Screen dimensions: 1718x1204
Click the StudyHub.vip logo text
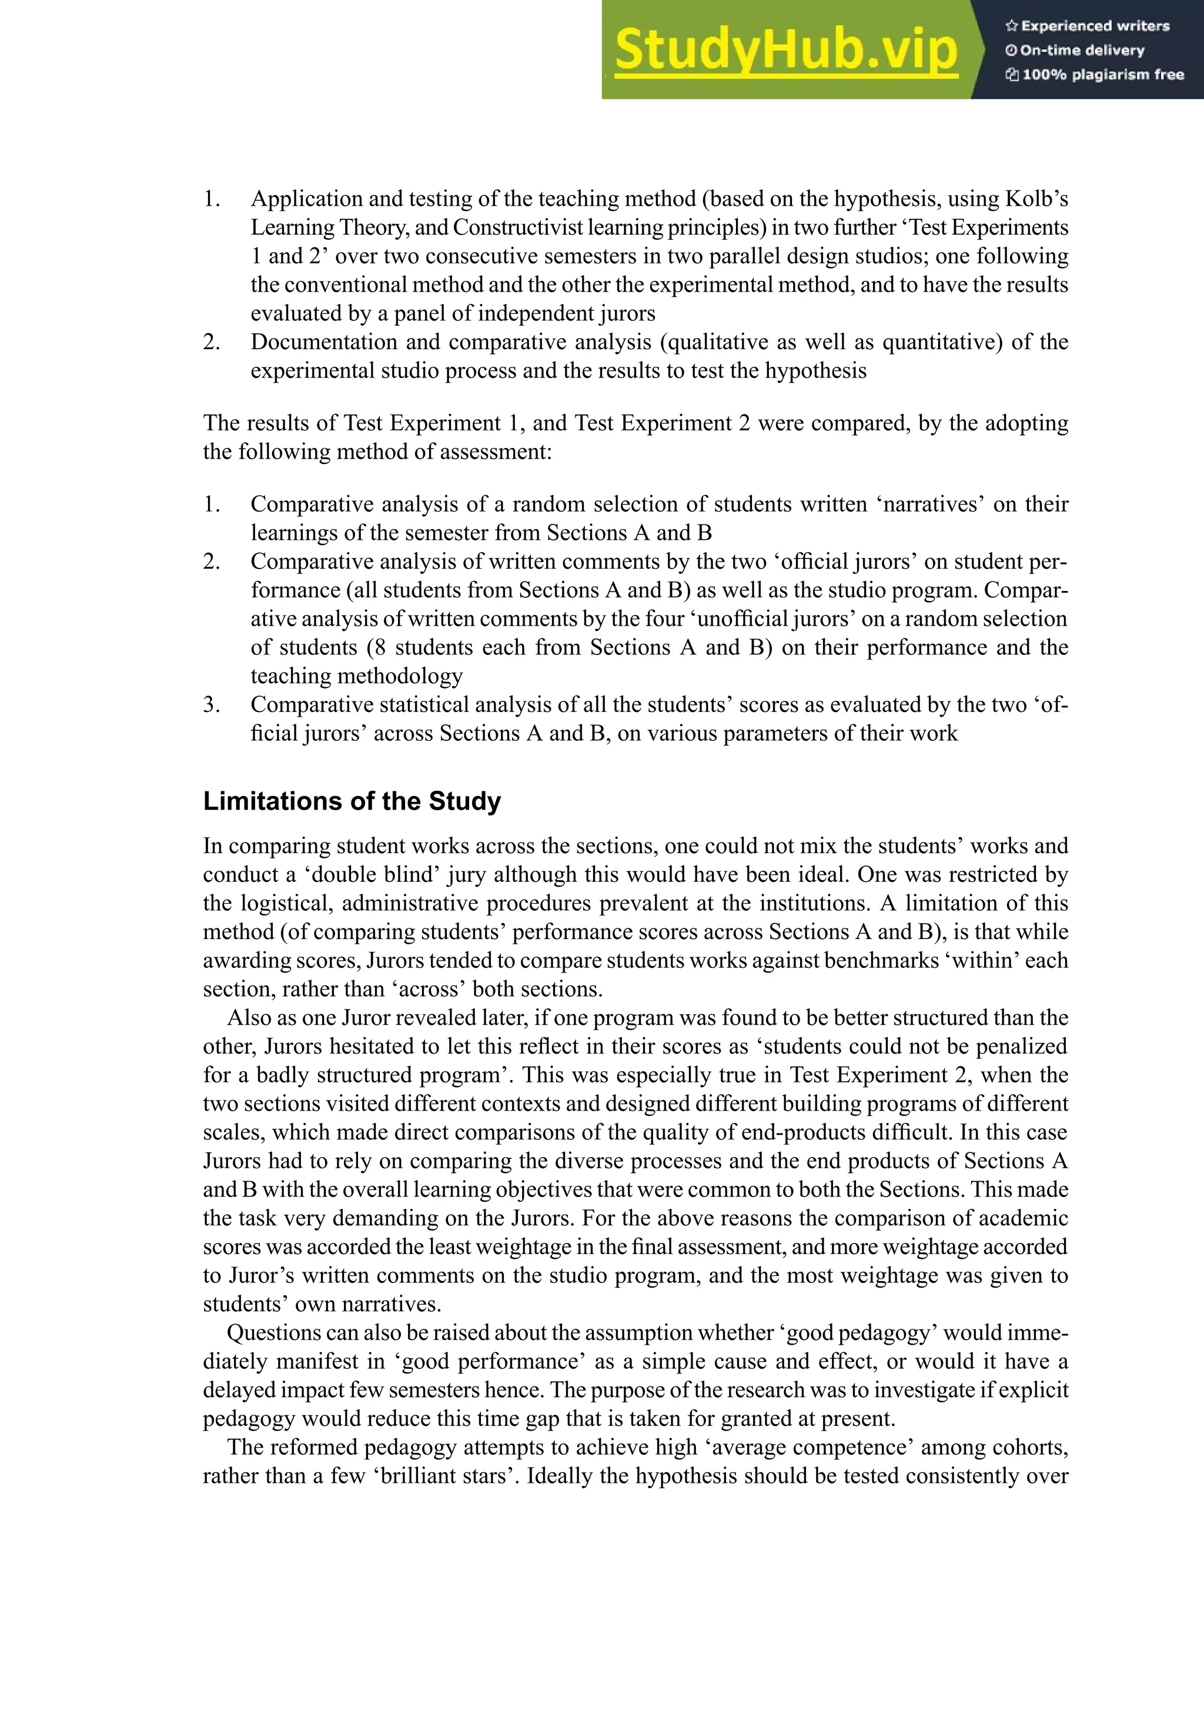click(785, 51)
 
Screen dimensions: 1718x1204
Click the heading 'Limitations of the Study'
click(352, 801)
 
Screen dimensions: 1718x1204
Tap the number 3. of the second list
click(211, 705)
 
